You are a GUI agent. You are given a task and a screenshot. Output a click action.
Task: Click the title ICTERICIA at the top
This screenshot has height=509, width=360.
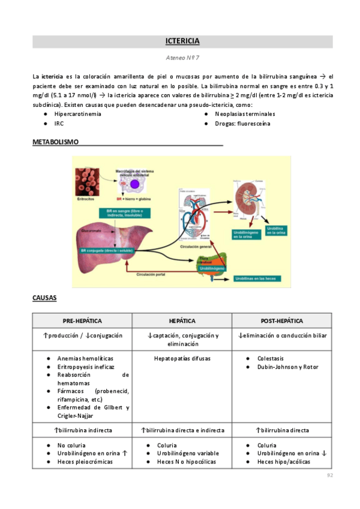pos(182,41)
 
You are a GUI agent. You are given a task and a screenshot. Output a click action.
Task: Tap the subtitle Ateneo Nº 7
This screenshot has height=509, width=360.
pos(182,59)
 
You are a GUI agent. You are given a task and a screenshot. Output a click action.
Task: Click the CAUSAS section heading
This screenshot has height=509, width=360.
pos(44,298)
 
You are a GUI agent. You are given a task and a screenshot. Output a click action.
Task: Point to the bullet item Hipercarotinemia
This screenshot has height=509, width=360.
pos(77,113)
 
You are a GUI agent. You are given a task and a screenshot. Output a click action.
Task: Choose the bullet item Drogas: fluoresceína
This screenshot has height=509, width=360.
pos(242,124)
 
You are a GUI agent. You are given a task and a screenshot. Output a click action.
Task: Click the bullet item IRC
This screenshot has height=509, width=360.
pos(59,124)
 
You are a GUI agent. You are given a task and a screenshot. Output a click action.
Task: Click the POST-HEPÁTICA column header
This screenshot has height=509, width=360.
pos(282,321)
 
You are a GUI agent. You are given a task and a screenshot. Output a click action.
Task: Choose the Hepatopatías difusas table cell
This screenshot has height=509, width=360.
pos(182,358)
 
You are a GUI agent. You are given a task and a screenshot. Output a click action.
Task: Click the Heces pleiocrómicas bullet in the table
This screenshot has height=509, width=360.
pos(85,462)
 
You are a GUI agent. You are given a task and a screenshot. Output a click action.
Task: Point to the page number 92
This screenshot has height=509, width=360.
pos(329,475)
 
